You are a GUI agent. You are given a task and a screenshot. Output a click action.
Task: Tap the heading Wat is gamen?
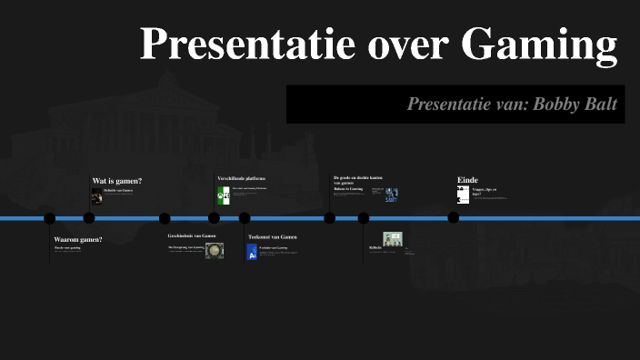click(117, 181)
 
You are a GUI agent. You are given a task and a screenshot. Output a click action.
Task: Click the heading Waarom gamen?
click(78, 239)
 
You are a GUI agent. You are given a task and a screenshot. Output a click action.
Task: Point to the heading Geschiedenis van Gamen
click(192, 235)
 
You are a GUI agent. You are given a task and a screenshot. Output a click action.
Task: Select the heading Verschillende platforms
click(241, 178)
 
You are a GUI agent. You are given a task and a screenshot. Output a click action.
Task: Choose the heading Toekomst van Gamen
click(273, 236)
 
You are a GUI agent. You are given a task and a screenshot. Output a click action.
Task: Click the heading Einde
click(467, 180)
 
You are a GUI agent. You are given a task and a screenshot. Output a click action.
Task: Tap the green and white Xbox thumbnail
click(223, 195)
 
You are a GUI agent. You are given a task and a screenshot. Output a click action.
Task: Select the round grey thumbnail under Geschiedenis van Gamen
click(214, 251)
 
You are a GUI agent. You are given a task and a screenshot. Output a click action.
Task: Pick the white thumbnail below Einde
click(463, 195)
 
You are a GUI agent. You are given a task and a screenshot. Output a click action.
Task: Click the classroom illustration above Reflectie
click(392, 239)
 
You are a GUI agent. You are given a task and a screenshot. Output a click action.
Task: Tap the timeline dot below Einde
click(453, 218)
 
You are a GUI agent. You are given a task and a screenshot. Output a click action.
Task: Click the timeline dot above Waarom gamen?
click(50, 218)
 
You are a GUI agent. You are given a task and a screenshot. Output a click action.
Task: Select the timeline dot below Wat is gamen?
click(89, 218)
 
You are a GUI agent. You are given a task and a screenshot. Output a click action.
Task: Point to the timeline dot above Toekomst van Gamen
click(245, 218)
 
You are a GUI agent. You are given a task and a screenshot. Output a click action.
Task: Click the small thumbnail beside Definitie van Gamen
click(96, 195)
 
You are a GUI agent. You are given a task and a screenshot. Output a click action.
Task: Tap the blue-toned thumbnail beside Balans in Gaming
click(391, 195)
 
